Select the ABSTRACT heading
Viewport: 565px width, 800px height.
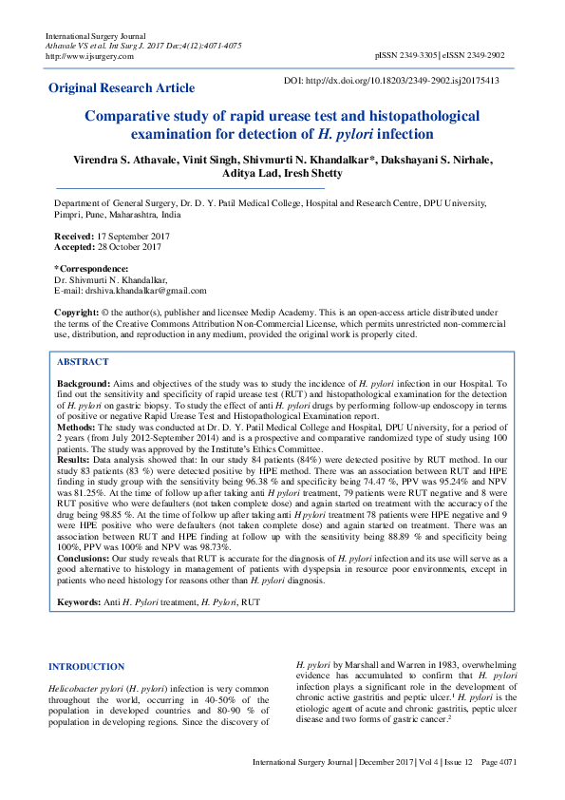(83, 362)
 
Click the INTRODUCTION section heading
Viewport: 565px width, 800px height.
(85, 667)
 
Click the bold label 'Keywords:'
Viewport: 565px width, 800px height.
(83, 602)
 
